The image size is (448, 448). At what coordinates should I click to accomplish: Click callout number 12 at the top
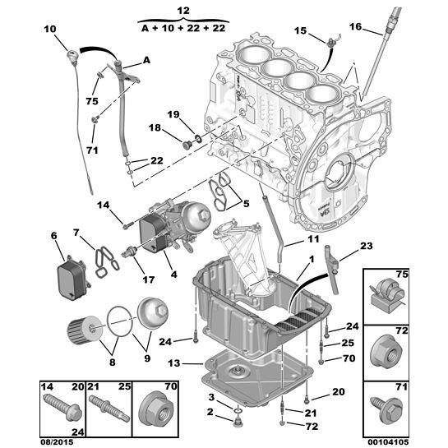point(182,9)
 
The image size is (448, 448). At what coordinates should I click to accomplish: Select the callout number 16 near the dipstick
point(355,26)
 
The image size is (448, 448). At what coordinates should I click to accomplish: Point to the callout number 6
point(54,236)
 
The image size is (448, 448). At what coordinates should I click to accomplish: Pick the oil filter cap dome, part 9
point(154,316)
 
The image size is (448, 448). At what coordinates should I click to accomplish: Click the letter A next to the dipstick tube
point(146,59)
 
